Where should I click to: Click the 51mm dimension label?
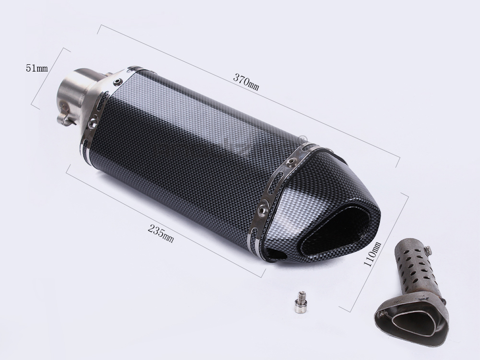pyautogui.click(x=37, y=68)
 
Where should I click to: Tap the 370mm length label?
pyautogui.click(x=246, y=82)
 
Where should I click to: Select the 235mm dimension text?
pyautogui.click(x=161, y=233)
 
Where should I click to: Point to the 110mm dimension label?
pyautogui.click(x=372, y=254)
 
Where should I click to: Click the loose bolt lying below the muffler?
pyautogui.click(x=300, y=302)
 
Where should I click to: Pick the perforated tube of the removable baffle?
pyautogui.click(x=415, y=267)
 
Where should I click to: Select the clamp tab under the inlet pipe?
pyautogui.click(x=66, y=115)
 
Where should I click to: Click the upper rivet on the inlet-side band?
pyautogui.click(x=117, y=82)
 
